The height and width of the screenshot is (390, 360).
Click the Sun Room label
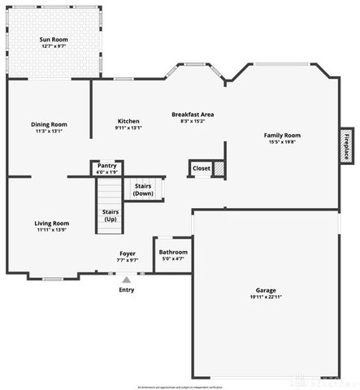point(54,40)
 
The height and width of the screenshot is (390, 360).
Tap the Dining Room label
point(49,124)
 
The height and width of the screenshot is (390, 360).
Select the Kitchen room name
point(128,121)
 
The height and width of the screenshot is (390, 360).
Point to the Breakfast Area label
point(193,115)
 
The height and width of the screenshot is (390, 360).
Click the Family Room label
point(282,136)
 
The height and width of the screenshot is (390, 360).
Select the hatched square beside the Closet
point(218,167)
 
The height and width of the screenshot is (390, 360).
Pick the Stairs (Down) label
point(143,190)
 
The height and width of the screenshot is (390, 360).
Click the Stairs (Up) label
point(110,215)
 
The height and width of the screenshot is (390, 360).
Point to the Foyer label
point(128,253)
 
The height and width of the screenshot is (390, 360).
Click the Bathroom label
point(173,253)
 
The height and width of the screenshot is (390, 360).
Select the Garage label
point(266,290)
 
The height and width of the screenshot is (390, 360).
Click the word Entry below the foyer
point(127,289)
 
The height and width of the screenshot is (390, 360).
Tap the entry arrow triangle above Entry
point(127,278)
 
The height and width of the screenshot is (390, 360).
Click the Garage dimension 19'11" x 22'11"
point(266,297)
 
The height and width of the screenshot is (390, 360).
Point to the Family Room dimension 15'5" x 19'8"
point(282,142)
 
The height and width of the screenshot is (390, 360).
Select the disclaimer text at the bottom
point(180,387)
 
